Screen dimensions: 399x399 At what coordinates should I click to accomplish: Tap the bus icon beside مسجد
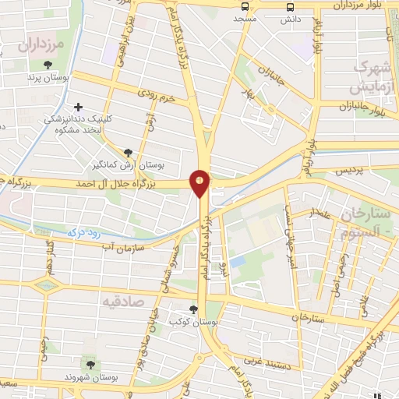pyautogui.click(x=245, y=7)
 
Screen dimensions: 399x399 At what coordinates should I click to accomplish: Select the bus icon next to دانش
pyautogui.click(x=290, y=7)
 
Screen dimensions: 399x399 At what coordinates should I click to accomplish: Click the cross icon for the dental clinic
pyautogui.click(x=78, y=107)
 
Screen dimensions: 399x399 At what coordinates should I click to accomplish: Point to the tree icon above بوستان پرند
pyautogui.click(x=48, y=65)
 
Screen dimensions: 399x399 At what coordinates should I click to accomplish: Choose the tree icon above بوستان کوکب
pyautogui.click(x=192, y=309)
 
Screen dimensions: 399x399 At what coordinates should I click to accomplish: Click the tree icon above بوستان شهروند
pyautogui.click(x=91, y=364)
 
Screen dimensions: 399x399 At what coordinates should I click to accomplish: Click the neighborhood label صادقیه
pyautogui.click(x=123, y=300)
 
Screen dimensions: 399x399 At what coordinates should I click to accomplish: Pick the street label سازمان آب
pyautogui.click(x=124, y=245)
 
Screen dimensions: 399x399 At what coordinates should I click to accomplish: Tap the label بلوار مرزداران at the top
pyautogui.click(x=362, y=5)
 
